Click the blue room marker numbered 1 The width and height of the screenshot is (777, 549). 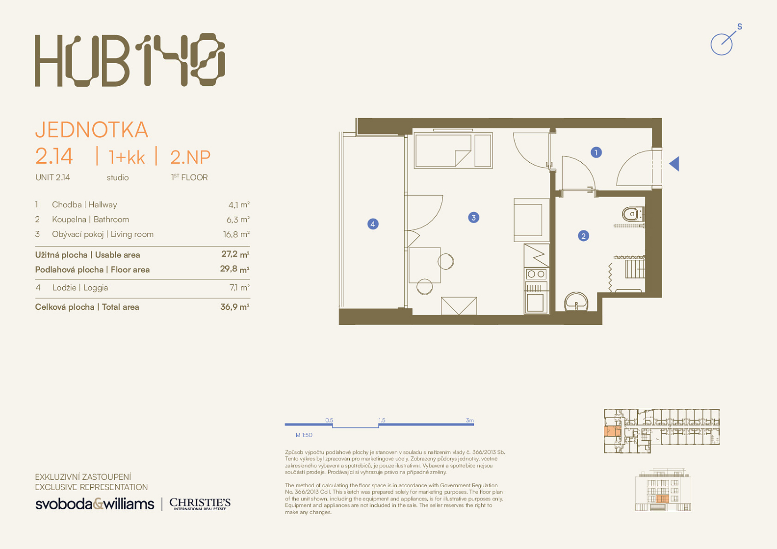tap(596, 152)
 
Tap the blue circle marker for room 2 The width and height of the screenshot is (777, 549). tap(583, 236)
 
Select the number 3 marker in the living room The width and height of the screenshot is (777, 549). tap(473, 218)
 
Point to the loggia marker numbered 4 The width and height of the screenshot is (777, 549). tap(373, 224)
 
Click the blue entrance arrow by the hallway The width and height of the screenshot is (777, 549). tap(674, 164)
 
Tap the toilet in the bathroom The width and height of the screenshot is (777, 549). tap(633, 214)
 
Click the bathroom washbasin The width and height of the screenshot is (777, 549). tap(576, 301)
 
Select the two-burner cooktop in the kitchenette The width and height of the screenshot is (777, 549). tap(536, 274)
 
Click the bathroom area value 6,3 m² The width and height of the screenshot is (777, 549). tap(238, 220)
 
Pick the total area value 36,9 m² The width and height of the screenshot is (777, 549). tap(235, 307)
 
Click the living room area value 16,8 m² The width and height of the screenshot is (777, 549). tap(236, 235)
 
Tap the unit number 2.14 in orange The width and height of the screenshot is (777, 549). tap(54, 156)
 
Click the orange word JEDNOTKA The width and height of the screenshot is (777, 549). tap(92, 130)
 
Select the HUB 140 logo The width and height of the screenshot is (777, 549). tap(130, 60)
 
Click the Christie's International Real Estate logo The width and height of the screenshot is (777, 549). tap(200, 504)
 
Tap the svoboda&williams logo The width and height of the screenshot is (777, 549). tap(95, 504)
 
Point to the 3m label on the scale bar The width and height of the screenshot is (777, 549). tap(469, 421)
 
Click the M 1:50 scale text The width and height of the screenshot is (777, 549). tap(304, 435)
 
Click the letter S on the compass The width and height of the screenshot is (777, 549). tap(740, 27)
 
